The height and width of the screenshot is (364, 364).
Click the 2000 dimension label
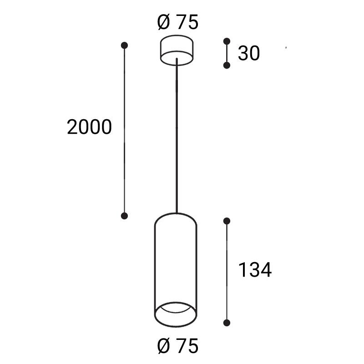click(x=89, y=127)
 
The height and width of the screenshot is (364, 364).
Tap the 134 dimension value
click(x=255, y=270)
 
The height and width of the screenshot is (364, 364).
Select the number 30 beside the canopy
click(x=249, y=54)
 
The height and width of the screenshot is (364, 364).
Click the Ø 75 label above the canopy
click(x=178, y=22)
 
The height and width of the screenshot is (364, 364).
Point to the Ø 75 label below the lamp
click(x=178, y=347)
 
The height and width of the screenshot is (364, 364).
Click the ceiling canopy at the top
click(x=178, y=49)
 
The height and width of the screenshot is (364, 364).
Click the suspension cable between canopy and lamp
click(x=176, y=136)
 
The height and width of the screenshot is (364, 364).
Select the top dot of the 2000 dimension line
click(x=124, y=45)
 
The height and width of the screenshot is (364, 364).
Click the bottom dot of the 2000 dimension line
click(x=124, y=216)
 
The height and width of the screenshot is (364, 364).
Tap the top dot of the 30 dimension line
click(x=227, y=41)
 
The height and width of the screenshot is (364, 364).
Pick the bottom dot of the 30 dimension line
click(x=227, y=66)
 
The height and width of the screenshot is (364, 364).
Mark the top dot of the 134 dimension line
click(x=227, y=221)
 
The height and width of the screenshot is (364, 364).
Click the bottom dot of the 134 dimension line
click(x=227, y=323)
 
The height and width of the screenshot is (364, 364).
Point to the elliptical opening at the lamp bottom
click(x=176, y=314)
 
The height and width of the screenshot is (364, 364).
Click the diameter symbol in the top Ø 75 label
click(x=164, y=22)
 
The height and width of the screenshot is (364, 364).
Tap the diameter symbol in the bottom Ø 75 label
click(x=164, y=347)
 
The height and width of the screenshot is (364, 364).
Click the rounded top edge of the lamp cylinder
click(x=176, y=214)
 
